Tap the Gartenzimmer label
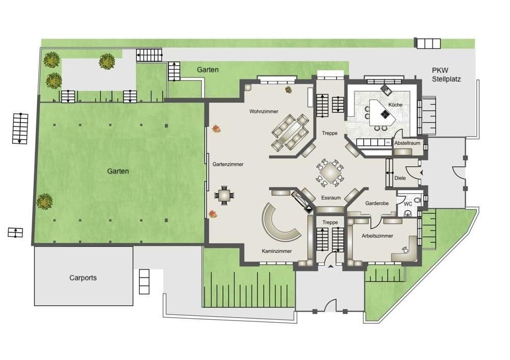[x=227, y=164]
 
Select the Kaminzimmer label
[x=276, y=251]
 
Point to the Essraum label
[x=330, y=197]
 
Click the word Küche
[x=395, y=105]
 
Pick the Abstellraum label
[x=407, y=143]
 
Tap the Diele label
[x=400, y=178]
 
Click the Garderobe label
[x=377, y=203]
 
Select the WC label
[x=407, y=204]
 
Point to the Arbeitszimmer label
[x=377, y=236]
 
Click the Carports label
[x=83, y=278]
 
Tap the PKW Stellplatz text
[x=445, y=75]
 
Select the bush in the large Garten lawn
[x=44, y=201]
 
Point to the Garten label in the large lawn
[x=118, y=171]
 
